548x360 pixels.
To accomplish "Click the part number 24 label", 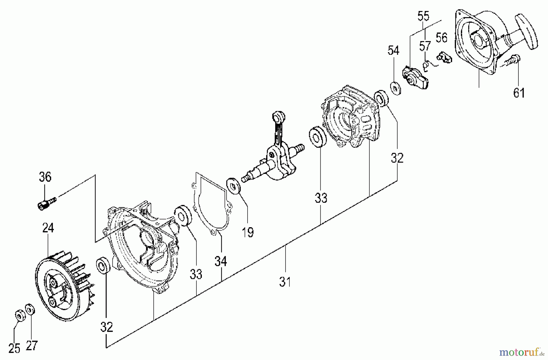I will (48, 228).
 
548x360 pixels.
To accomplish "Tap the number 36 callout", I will (45, 177).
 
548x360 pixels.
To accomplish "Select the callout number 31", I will (285, 282).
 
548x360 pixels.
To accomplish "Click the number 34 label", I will (221, 261).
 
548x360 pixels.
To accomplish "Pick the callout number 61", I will (519, 93).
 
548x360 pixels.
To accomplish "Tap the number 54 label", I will (393, 51).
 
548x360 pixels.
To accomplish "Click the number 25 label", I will (14, 348).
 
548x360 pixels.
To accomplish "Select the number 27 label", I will (31, 346).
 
